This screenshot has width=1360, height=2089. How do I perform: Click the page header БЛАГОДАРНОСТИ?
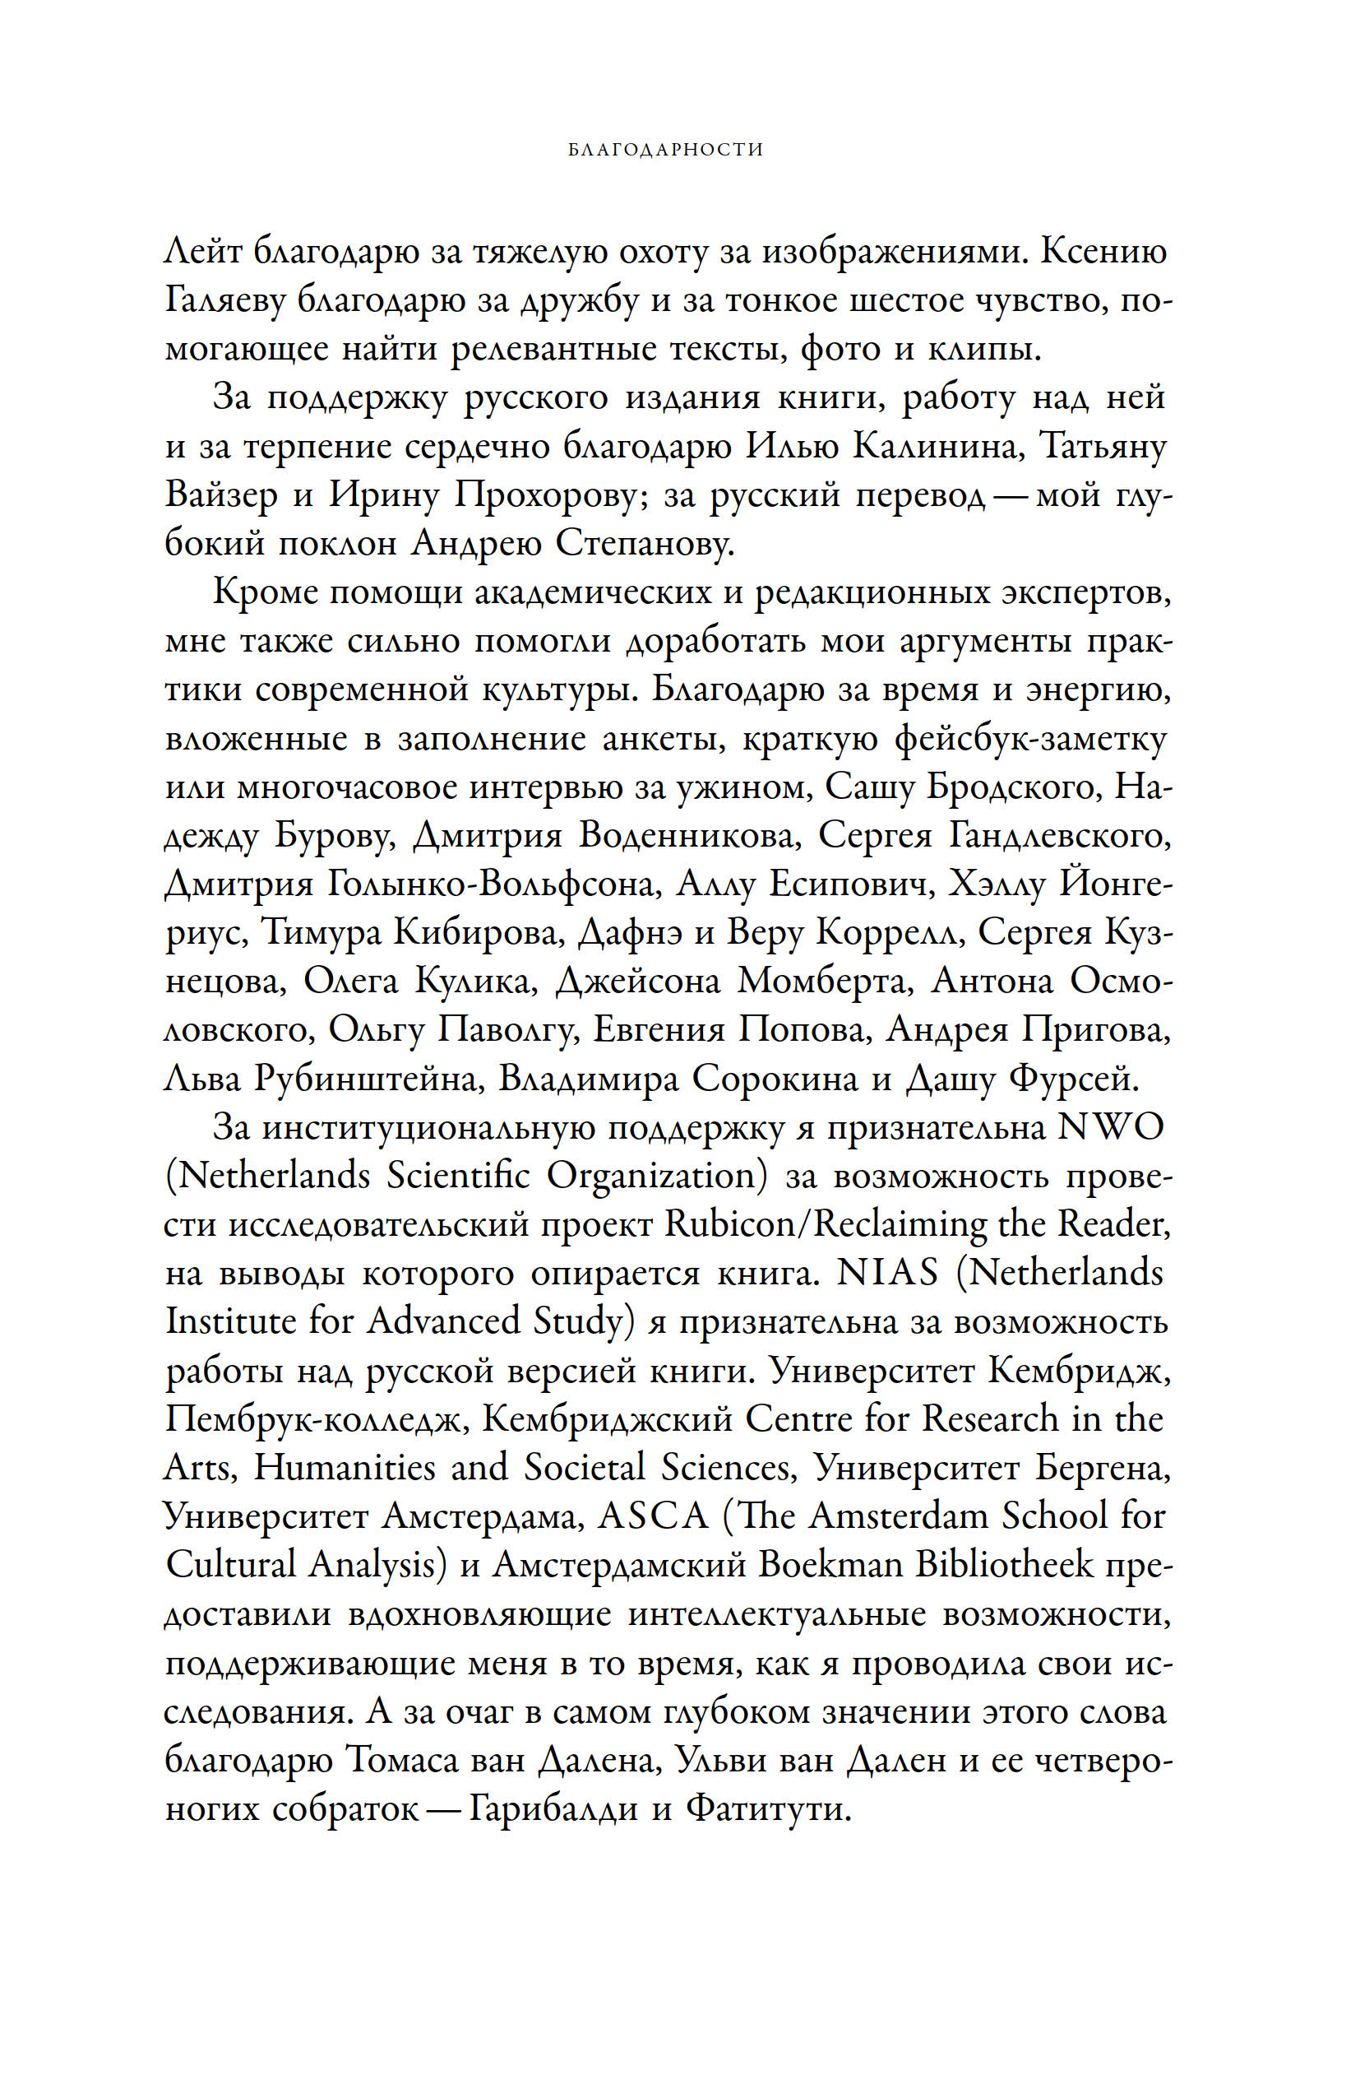pyautogui.click(x=666, y=150)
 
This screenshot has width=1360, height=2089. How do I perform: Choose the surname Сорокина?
pyautogui.click(x=775, y=1079)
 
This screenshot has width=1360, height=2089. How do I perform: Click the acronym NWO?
pyautogui.click(x=1111, y=1128)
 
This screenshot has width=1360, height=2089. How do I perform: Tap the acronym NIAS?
pyautogui.click(x=887, y=1274)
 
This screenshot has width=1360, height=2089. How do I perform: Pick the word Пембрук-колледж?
pyautogui.click(x=312, y=1420)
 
